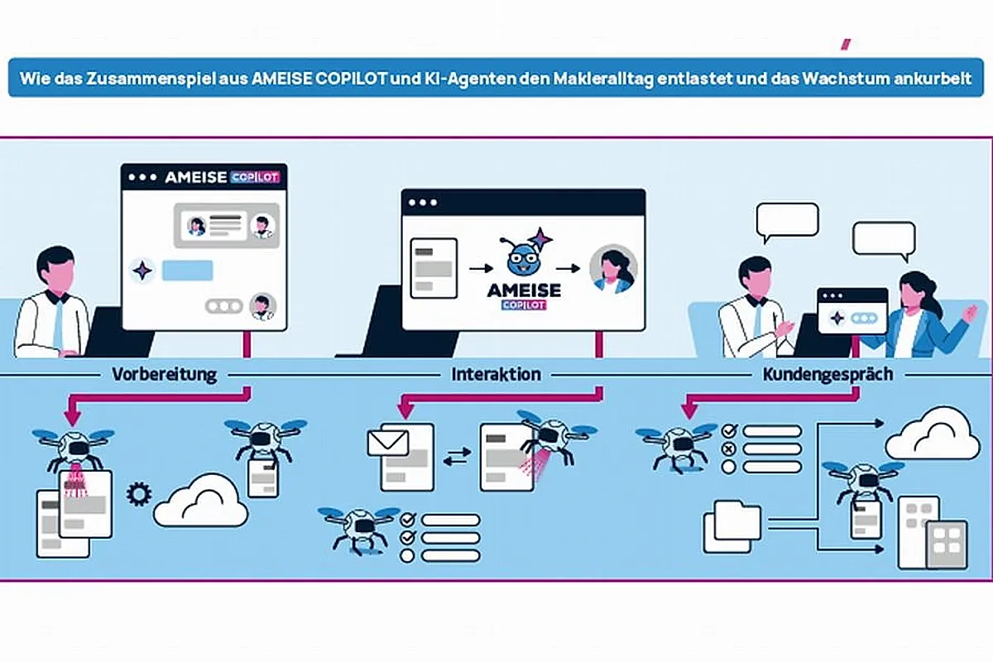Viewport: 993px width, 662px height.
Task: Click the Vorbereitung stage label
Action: [x=165, y=374]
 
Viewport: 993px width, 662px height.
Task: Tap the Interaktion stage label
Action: [x=496, y=374]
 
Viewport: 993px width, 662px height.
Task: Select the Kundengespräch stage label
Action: [x=827, y=375]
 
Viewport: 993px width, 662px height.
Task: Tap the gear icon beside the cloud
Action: [x=139, y=494]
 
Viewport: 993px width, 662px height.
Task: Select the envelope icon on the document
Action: [x=388, y=443]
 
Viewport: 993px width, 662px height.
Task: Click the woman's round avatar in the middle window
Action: [x=613, y=269]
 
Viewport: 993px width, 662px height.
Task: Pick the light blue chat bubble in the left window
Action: [x=188, y=271]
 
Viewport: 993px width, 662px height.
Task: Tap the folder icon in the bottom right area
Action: [x=732, y=527]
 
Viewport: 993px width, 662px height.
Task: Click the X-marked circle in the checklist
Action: [x=728, y=449]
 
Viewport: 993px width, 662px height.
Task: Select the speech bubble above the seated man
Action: [x=787, y=222]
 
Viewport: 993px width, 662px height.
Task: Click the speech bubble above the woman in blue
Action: [x=884, y=241]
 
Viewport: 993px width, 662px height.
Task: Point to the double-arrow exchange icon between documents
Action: [x=457, y=457]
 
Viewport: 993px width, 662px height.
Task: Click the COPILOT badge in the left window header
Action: [x=255, y=177]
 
